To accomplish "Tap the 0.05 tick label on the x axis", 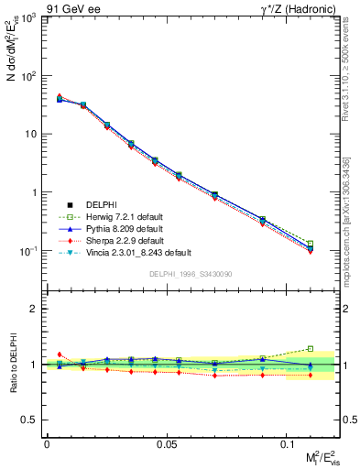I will (167, 443).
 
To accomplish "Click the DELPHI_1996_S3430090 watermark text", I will (191, 274).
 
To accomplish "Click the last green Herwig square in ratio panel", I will (310, 348).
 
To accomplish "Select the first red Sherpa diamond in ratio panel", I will (60, 354).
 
